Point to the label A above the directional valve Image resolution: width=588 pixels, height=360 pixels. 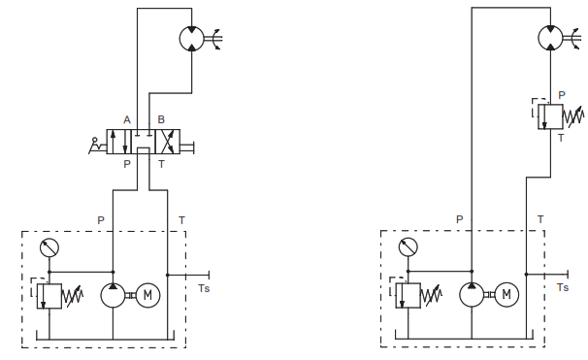coord(127,120)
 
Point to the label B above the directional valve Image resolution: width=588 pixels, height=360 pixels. coord(161,119)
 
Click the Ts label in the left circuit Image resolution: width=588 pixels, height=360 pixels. coord(204,288)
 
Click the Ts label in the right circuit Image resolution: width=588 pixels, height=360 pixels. coord(563,287)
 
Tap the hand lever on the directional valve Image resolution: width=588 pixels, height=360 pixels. coord(97,146)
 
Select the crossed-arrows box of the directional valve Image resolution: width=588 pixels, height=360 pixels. coord(168,142)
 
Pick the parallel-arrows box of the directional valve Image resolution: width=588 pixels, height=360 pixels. coord(119,142)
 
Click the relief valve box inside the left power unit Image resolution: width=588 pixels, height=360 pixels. coord(49,296)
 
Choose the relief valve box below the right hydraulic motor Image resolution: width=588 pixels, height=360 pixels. coord(550,116)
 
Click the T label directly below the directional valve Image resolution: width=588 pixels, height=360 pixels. coord(161,164)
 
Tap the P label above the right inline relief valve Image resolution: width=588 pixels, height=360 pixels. coord(562,95)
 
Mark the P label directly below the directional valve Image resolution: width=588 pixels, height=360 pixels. coord(127,164)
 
